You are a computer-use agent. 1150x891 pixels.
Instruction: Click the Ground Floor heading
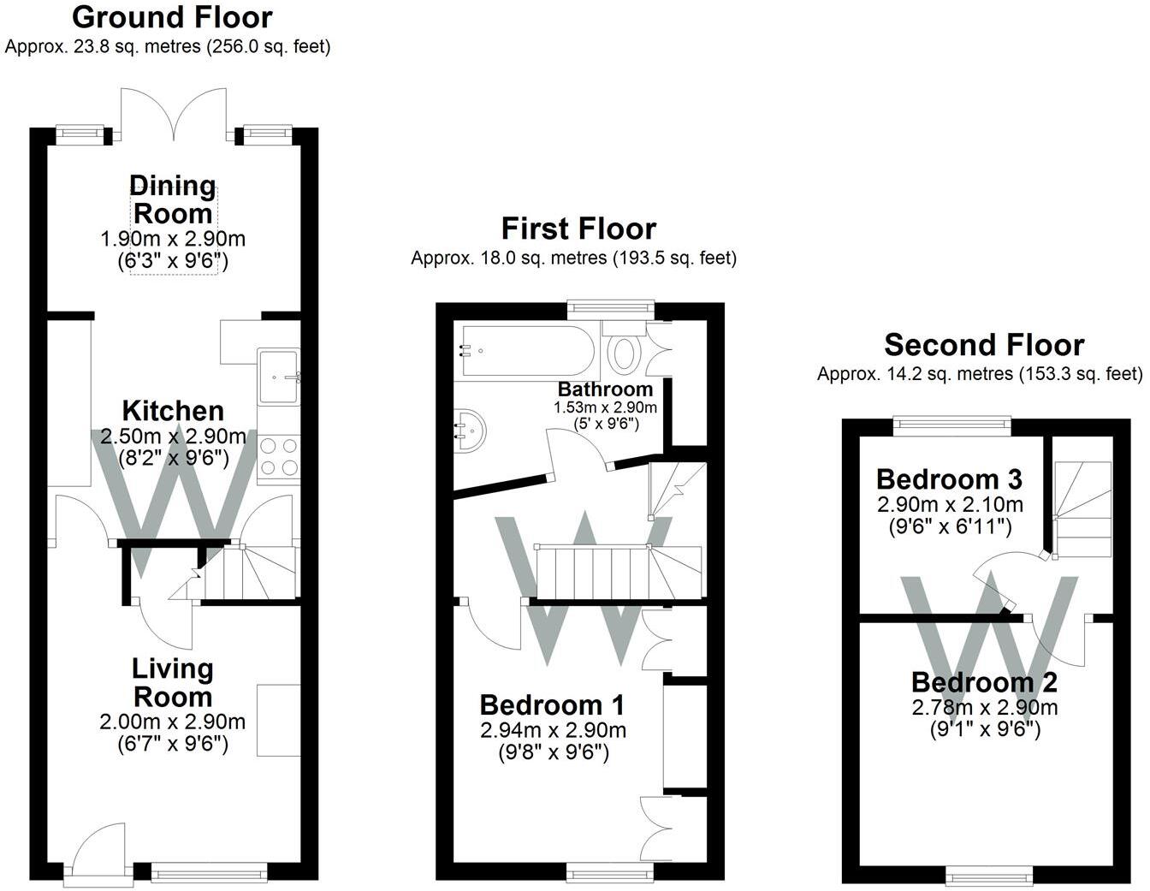(x=172, y=17)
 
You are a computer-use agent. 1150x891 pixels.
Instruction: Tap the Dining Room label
(x=173, y=199)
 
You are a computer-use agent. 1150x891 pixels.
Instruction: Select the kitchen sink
(x=278, y=377)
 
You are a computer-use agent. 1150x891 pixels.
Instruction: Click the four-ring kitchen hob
(x=279, y=456)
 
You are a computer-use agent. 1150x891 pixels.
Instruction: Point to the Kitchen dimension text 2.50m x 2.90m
(x=173, y=437)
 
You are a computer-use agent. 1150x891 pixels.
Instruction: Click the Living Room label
(x=173, y=683)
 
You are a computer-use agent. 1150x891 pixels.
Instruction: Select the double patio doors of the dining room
(x=174, y=115)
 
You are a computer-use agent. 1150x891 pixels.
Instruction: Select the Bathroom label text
(x=605, y=389)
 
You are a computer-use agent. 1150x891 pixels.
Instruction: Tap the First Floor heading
(x=579, y=229)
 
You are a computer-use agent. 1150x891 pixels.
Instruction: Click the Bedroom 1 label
(x=552, y=704)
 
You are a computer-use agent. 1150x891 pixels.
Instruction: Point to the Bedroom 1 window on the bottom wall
(x=610, y=873)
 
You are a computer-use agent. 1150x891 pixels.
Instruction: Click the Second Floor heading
(x=984, y=345)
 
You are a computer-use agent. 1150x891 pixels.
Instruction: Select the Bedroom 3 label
(x=950, y=479)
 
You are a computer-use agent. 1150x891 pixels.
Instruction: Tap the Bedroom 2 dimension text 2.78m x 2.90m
(x=984, y=707)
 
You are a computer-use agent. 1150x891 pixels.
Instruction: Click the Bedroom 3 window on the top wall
(x=952, y=426)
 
